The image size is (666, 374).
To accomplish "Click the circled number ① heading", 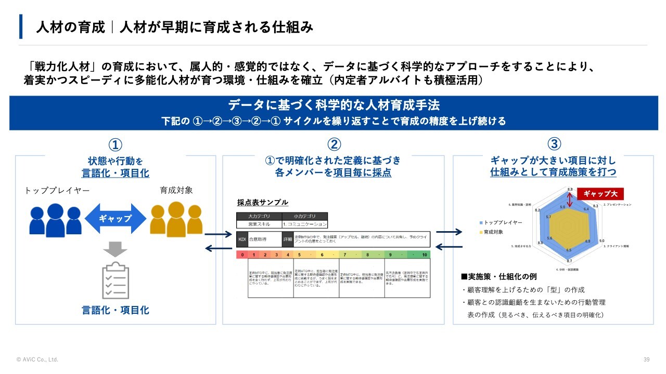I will [115, 144].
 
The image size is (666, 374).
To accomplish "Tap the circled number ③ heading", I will [555, 144].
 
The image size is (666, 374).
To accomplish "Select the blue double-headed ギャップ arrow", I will [116, 219].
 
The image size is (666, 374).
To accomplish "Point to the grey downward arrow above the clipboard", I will [116, 249].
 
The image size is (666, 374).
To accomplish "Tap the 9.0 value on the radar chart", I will [601, 241].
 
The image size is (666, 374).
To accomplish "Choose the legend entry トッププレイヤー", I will [503, 222].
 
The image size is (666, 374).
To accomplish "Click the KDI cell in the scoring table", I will [241, 240].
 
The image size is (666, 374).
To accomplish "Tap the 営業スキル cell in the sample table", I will [259, 224].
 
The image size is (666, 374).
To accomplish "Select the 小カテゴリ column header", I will [305, 216].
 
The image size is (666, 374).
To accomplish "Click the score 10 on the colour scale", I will [425, 255].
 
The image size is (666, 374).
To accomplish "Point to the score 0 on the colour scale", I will [242, 255].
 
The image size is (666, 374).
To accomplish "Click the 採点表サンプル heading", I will [262, 203].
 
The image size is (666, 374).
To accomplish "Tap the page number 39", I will [647, 359].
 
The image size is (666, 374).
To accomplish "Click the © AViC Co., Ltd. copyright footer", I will [37, 359].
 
